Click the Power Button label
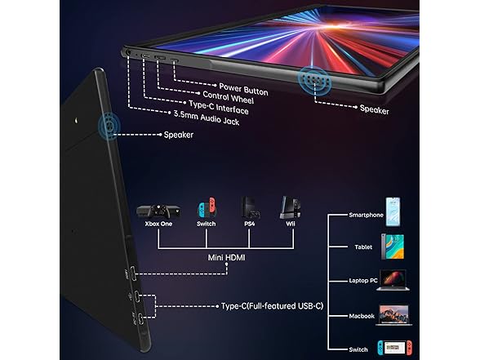tap(243, 90)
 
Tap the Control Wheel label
tap(228, 97)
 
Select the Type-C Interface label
tap(219, 108)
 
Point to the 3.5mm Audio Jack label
tap(207, 118)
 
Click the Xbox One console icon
tap(158, 211)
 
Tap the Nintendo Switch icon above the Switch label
tap(207, 207)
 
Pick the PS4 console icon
tap(250, 208)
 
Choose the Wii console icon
tap(291, 207)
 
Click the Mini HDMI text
tap(226, 258)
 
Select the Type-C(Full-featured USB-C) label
tap(272, 306)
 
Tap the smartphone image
tap(393, 212)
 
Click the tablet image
tap(393, 247)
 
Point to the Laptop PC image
tap(393, 280)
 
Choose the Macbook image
tap(393, 315)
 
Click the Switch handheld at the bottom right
tap(394, 348)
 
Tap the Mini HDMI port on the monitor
tap(133, 273)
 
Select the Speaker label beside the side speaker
tap(179, 135)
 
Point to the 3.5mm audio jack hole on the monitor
tap(127, 52)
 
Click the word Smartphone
tap(366, 215)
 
